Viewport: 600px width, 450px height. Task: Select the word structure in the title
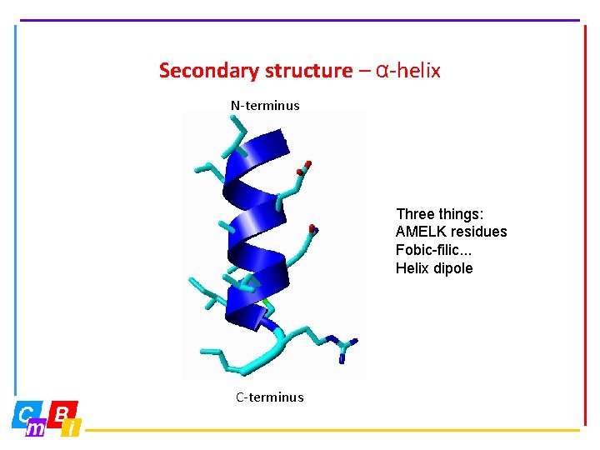tap(308, 71)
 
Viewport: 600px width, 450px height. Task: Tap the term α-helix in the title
tap(408, 71)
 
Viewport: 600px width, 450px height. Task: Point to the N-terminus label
tap(265, 106)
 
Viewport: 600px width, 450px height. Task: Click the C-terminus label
tap(269, 397)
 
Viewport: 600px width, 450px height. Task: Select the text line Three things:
tap(439, 214)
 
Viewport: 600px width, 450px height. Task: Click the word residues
tap(478, 232)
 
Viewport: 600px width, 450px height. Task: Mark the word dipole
tap(454, 268)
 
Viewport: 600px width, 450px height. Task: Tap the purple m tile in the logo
tap(36, 428)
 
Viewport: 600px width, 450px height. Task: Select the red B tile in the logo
tap(62, 412)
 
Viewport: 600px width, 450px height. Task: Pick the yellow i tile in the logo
tap(72, 428)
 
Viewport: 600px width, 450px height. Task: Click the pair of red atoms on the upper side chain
tap(305, 167)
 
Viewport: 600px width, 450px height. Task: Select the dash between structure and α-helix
tap(364, 71)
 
